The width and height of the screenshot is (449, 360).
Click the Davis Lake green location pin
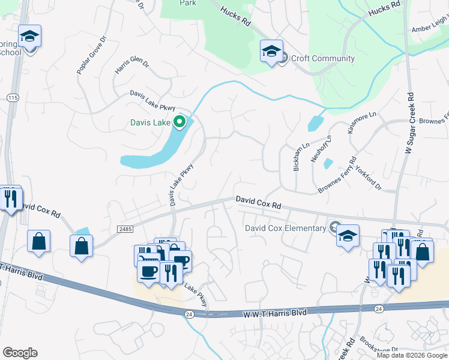pyautogui.click(x=179, y=123)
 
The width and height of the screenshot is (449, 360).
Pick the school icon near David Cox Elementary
pyautogui.click(x=348, y=236)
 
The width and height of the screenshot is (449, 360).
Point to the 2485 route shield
pyautogui.click(x=125, y=229)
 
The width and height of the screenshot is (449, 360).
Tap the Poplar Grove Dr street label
pyautogui.click(x=91, y=55)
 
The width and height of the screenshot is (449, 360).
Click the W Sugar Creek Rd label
pyautogui.click(x=411, y=123)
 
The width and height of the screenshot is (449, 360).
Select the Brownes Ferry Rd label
pyautogui.click(x=337, y=176)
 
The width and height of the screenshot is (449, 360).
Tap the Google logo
pyautogui.click(x=20, y=353)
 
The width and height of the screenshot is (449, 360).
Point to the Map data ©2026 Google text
pyautogui.click(x=411, y=355)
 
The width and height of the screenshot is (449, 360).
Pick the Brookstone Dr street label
pyautogui.click(x=379, y=346)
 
